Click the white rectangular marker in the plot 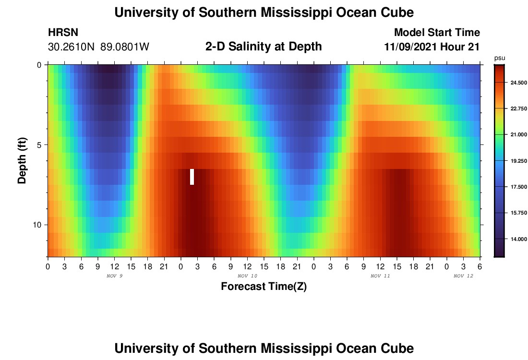click(x=192, y=177)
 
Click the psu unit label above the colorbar click(x=499, y=58)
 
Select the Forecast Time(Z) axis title click(x=264, y=287)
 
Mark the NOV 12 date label click(x=463, y=276)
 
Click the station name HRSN click(x=63, y=33)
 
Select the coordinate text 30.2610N click(x=71, y=47)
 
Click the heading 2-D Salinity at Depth click(x=264, y=47)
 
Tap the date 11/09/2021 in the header click(x=408, y=47)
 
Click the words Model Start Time click(x=437, y=33)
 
